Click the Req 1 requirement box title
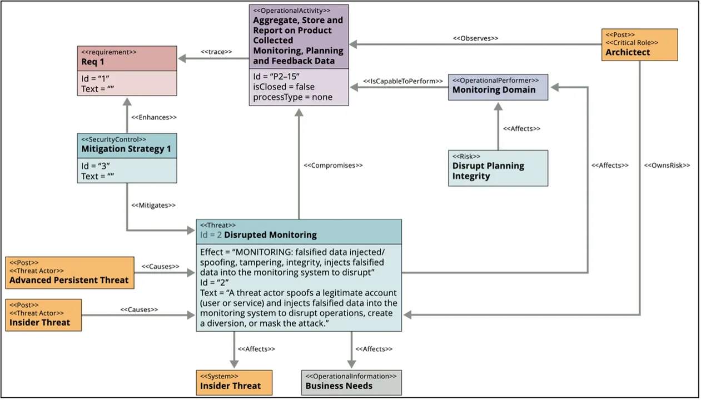click(92, 62)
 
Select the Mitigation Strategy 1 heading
click(126, 149)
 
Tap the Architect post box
click(639, 44)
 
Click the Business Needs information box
click(351, 382)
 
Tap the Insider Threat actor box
click(43, 315)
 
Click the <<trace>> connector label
click(216, 52)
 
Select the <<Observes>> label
click(475, 38)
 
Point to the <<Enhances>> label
click(154, 117)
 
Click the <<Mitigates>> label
click(153, 205)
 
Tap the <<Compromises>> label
click(333, 165)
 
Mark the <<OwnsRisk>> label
click(667, 165)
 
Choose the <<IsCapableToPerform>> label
click(403, 81)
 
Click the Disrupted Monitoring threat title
click(270, 234)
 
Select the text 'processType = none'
click(292, 97)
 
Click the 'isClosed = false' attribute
click(284, 87)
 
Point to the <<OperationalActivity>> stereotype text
click(291, 10)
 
